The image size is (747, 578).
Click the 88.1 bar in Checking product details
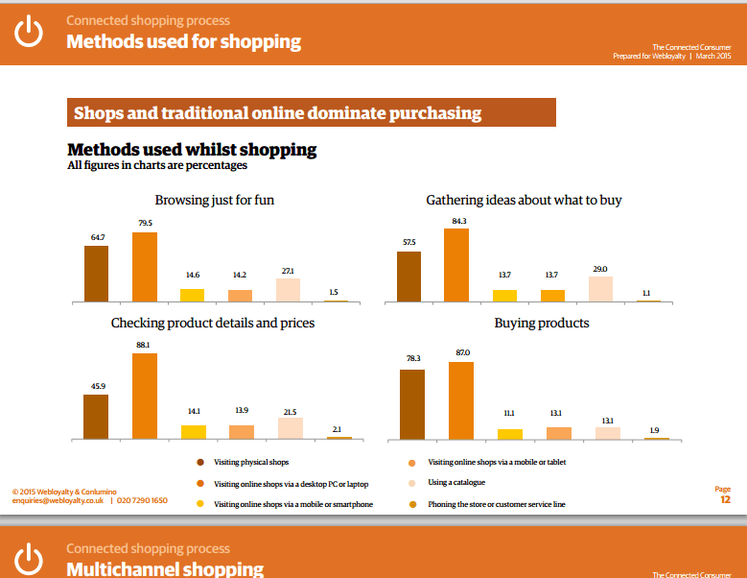145,396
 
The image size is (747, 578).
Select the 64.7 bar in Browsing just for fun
96,274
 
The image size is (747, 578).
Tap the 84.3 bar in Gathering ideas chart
456,265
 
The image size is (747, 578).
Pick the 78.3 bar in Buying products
412,404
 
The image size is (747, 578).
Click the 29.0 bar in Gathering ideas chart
600,289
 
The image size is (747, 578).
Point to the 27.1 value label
288,271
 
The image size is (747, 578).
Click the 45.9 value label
96,386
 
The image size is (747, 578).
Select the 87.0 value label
460,353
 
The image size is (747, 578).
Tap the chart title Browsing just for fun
216,200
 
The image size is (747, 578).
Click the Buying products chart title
542,323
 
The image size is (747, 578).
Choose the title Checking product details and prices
213,323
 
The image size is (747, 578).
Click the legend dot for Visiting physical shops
199,463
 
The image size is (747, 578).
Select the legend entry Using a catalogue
456,482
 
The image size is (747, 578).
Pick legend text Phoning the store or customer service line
497,503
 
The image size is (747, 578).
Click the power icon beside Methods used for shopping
31,32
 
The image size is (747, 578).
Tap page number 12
725,499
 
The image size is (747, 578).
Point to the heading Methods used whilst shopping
192,150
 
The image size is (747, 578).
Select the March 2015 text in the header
715,57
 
